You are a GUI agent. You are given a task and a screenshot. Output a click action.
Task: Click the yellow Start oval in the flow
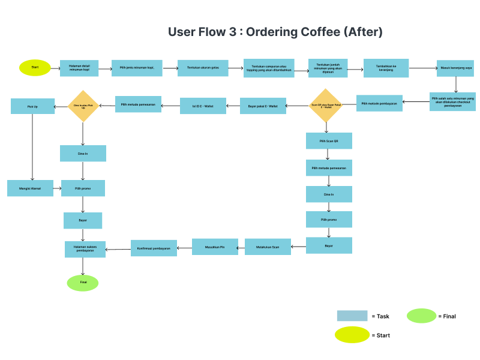click(x=35, y=67)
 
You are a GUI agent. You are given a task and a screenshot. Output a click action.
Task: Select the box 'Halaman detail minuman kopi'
click(x=79, y=68)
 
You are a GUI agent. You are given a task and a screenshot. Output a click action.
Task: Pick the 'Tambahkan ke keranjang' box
click(x=386, y=68)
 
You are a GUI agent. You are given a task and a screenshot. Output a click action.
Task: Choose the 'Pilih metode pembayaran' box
click(x=379, y=103)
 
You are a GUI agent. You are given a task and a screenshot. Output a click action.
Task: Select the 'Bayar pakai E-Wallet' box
click(x=263, y=106)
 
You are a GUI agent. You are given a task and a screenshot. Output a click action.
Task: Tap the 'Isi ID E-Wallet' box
click(x=203, y=106)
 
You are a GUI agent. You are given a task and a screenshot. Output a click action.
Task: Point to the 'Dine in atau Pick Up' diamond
click(x=83, y=106)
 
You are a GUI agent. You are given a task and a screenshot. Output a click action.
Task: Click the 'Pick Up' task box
click(x=32, y=106)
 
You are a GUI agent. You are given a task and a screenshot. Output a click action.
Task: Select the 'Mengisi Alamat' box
click(x=30, y=188)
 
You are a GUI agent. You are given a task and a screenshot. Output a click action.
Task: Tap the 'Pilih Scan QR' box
click(x=328, y=141)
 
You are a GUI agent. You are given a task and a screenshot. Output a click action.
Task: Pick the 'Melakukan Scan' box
click(x=268, y=247)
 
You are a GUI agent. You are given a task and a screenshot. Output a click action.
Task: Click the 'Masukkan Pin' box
click(x=215, y=247)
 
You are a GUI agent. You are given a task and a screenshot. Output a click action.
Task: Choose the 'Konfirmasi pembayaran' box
click(x=154, y=248)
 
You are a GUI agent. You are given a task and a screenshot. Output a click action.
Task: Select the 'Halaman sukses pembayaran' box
click(x=85, y=249)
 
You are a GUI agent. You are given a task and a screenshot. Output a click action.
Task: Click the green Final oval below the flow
click(x=83, y=283)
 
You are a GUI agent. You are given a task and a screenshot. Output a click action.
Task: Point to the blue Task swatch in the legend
click(x=352, y=316)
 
